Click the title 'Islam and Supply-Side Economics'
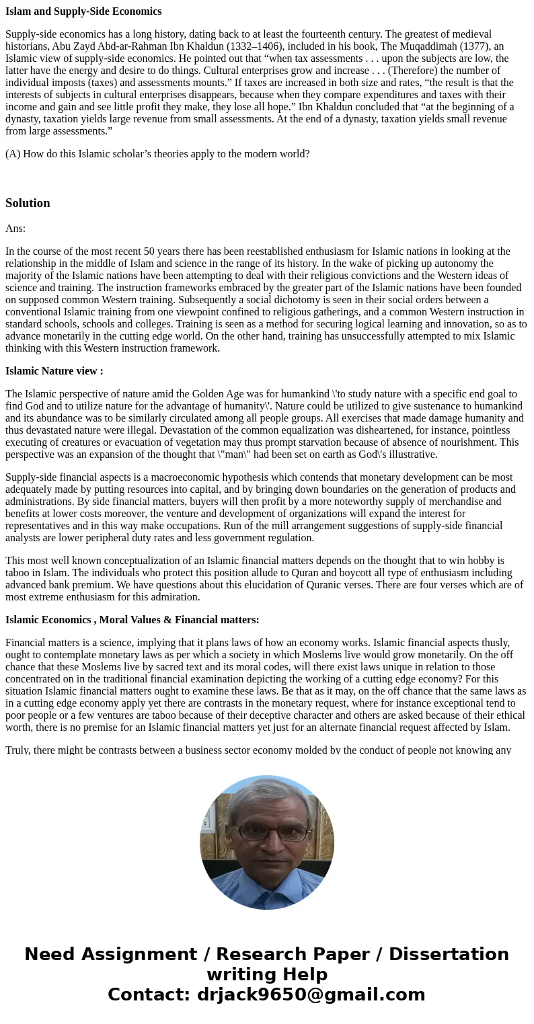tap(83, 11)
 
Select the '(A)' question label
tap(13, 154)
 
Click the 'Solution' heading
tap(28, 203)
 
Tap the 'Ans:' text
tap(15, 229)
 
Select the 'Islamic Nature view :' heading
tap(54, 371)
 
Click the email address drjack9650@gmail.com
tap(311, 995)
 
